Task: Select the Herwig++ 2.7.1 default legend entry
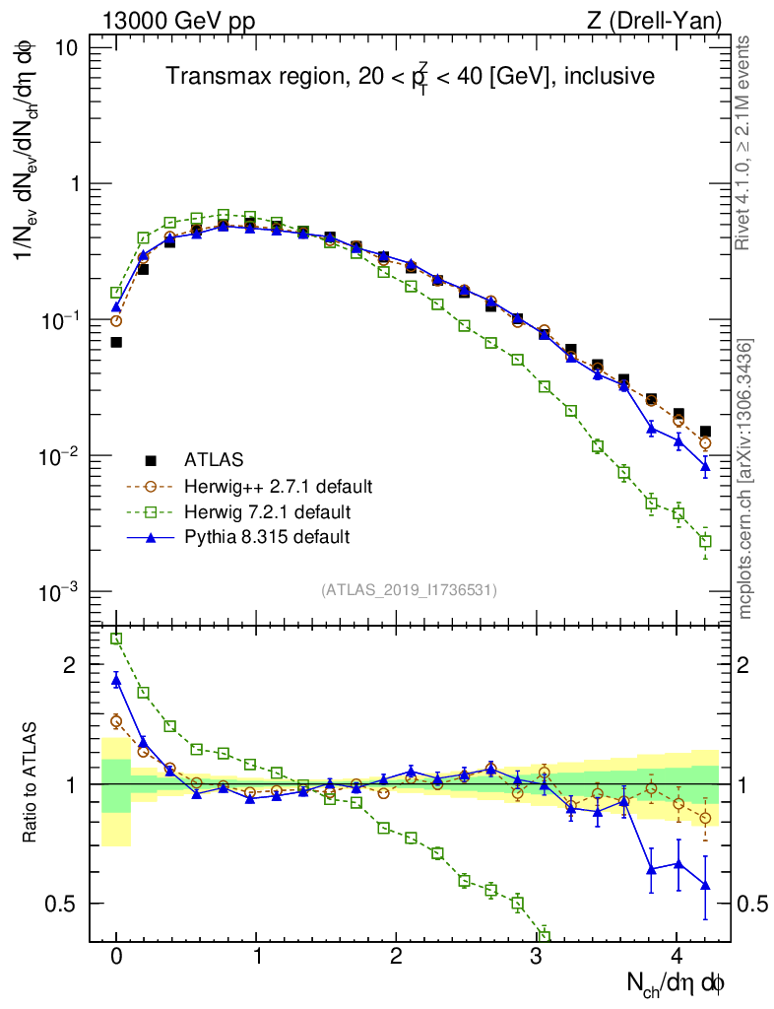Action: click(x=278, y=486)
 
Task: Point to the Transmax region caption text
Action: click(x=410, y=77)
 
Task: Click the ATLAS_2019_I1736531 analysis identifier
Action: click(x=409, y=590)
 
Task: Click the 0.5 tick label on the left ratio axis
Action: click(x=65, y=904)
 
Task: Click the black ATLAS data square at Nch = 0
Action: click(x=116, y=342)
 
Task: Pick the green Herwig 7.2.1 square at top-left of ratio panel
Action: click(x=116, y=639)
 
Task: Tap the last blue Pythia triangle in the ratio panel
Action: click(x=705, y=885)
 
